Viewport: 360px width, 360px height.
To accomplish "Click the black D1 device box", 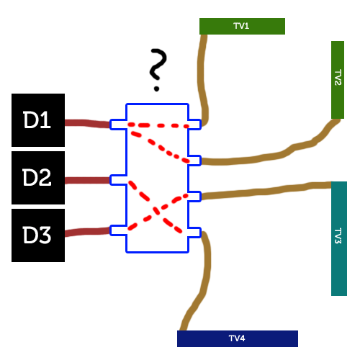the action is coord(38,120).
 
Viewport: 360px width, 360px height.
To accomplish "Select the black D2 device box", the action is coord(38,178).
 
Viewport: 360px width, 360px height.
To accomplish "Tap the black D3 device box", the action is coord(38,235).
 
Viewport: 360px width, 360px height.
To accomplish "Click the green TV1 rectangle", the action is coord(242,26).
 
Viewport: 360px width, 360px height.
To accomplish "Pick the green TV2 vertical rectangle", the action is coord(338,80).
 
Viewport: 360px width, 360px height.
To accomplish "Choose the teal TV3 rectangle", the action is coord(339,238).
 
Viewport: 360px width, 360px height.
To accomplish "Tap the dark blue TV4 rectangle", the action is coord(238,338).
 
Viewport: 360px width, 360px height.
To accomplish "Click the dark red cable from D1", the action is coord(88,123).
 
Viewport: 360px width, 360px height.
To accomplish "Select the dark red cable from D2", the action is coord(88,180).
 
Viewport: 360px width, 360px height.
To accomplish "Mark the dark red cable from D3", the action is coord(88,232).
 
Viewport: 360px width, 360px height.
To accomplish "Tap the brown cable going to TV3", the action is coord(266,192).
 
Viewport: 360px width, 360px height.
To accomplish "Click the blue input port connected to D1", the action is coord(119,125).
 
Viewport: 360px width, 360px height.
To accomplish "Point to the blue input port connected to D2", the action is coord(119,180).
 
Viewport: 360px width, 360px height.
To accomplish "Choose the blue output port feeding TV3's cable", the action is coord(194,197).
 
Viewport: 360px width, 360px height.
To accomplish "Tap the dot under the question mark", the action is coord(157,89).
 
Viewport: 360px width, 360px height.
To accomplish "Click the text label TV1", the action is coord(241,26).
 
